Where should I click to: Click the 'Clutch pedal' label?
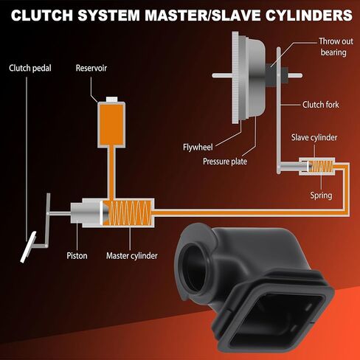point(30,68)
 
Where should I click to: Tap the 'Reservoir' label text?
point(91,68)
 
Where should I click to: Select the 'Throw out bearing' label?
point(336,46)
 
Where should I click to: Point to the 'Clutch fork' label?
point(320,105)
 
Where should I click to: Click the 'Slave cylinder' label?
point(314,137)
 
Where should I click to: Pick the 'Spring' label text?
point(321,195)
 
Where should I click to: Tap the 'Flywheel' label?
point(198,148)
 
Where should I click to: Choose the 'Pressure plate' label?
point(225,162)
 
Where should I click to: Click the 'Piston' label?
point(77,256)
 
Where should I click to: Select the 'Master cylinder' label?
point(132,256)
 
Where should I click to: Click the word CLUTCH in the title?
point(42,15)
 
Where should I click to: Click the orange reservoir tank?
point(111,125)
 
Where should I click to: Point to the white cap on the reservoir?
point(112,99)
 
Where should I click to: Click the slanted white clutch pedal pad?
point(28,247)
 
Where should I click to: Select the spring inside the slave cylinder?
point(321,166)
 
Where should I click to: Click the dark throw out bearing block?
point(271,75)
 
